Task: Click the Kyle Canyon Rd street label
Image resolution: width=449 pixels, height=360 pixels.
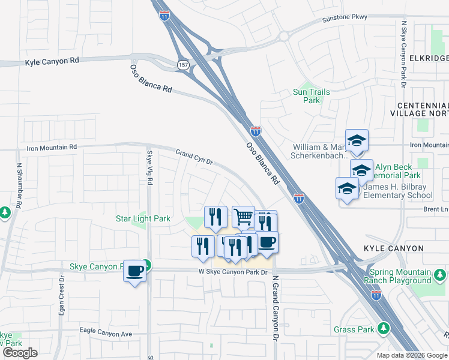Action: [x=52, y=62]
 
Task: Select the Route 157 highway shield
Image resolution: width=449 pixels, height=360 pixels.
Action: [x=183, y=64]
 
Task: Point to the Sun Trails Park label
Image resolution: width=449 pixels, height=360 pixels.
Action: [x=312, y=96]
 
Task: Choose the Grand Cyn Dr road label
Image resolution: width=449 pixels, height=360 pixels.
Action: [x=194, y=158]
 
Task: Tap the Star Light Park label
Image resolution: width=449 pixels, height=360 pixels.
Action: [x=143, y=219]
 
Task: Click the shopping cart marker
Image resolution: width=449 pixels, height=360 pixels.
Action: [x=243, y=216]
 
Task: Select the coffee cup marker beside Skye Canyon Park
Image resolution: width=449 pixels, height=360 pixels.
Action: [x=134, y=271]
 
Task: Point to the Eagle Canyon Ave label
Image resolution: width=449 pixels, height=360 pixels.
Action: [x=106, y=333]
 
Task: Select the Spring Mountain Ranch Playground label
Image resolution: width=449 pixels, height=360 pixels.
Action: [x=397, y=277]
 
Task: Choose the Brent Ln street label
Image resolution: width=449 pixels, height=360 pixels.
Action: [x=436, y=209]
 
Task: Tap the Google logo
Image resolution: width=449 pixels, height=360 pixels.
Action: [x=19, y=353]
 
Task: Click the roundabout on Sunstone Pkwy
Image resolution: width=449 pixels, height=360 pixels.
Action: [x=283, y=35]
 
